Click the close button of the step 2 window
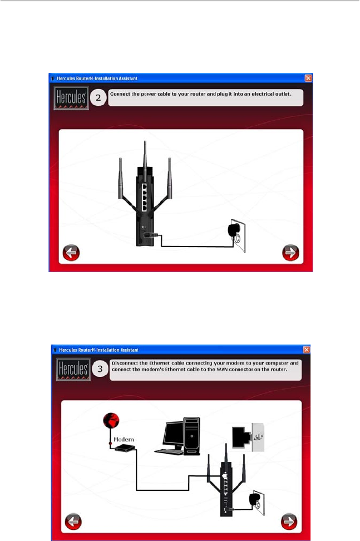click(308, 78)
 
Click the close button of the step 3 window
click(306, 350)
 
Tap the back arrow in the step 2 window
click(71, 253)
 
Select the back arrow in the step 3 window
click(73, 522)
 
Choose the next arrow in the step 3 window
click(289, 522)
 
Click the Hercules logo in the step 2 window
click(71, 99)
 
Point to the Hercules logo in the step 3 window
click(73, 369)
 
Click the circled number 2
click(98, 97)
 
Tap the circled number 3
click(100, 369)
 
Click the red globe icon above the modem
click(111, 421)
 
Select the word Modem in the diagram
click(124, 440)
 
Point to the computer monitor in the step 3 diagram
click(173, 434)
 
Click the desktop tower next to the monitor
click(192, 436)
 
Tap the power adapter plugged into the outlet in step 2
click(234, 230)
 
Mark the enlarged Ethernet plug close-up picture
click(248, 437)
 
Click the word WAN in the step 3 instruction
click(223, 369)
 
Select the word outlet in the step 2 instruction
click(283, 94)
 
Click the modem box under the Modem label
click(125, 448)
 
